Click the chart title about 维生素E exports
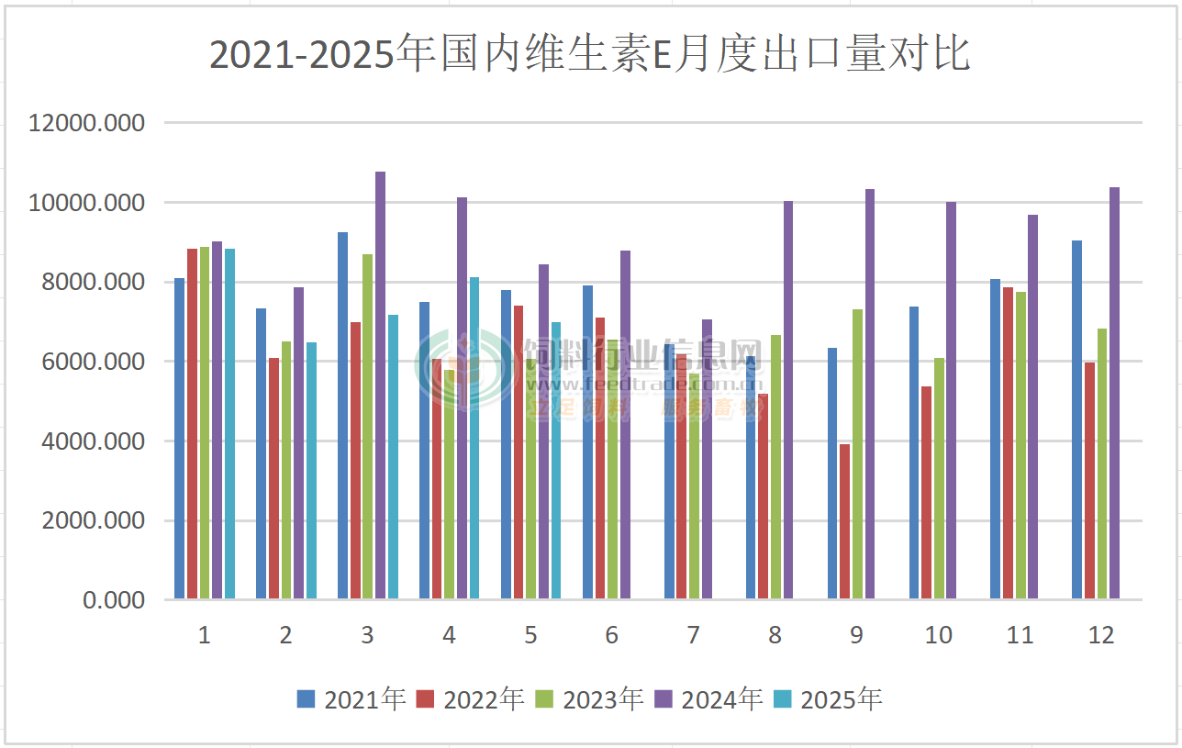click(x=590, y=55)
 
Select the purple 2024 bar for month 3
click(x=380, y=385)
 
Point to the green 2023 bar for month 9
click(x=857, y=454)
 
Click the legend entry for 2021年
click(x=351, y=699)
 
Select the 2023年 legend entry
click(x=590, y=699)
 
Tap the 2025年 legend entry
click(x=828, y=699)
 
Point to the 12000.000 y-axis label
click(x=87, y=123)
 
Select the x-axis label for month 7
click(x=693, y=635)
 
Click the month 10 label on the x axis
click(x=938, y=635)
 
